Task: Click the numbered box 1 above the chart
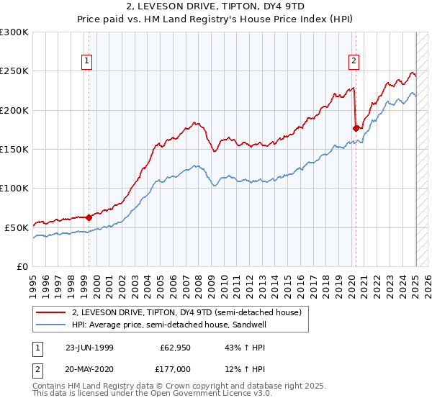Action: click(86, 62)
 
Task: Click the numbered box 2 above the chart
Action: click(354, 62)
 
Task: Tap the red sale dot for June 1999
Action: click(89, 217)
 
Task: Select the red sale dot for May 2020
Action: click(356, 128)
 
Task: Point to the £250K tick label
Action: click(14, 71)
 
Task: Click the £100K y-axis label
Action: click(14, 188)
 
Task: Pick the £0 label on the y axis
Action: click(23, 266)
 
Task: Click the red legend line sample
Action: click(51, 312)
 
